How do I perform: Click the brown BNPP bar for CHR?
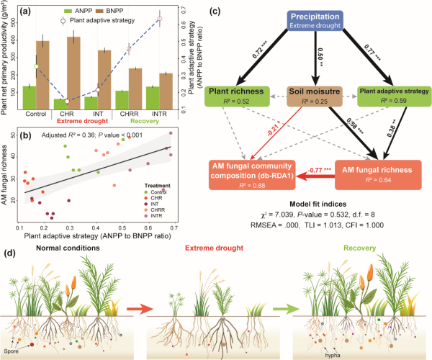(x=73, y=72)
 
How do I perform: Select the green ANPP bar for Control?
(x=29, y=97)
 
